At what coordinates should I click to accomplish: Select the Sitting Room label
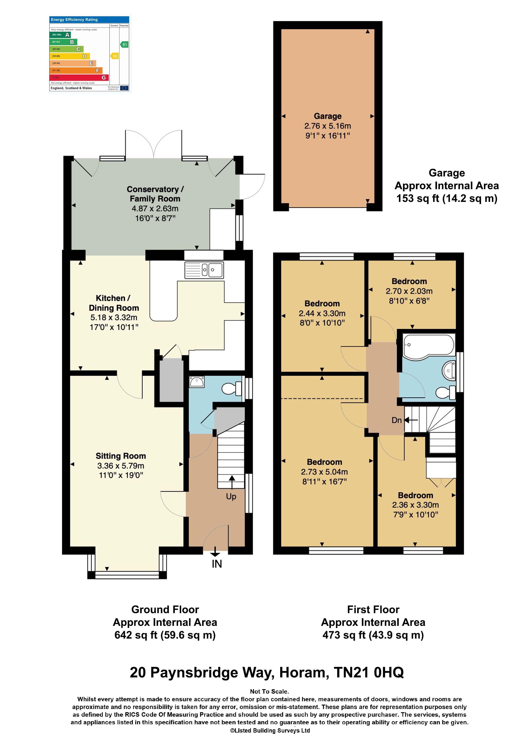pos(120,456)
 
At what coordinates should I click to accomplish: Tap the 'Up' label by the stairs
pos(231,496)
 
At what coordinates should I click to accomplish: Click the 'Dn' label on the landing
pos(396,420)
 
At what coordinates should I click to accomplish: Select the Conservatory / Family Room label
pos(155,194)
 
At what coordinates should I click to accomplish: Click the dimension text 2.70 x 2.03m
pos(409,291)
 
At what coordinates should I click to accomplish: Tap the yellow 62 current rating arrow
pos(114,56)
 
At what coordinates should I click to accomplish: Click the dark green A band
pos(60,35)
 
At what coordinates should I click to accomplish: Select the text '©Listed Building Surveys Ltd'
pos(270,730)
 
